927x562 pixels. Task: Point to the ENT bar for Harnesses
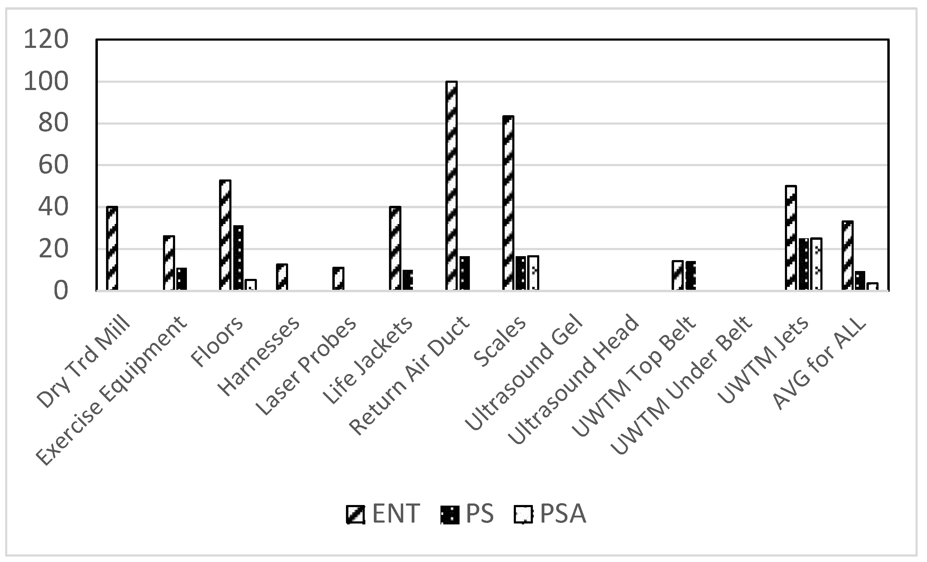[282, 277]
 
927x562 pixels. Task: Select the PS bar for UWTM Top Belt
[691, 276]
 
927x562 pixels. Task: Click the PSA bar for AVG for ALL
[872, 286]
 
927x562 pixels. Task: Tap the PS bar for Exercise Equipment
[182, 279]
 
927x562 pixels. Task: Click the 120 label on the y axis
[46, 39]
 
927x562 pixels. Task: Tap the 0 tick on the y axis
[60, 291]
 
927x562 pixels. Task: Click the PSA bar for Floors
[251, 285]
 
